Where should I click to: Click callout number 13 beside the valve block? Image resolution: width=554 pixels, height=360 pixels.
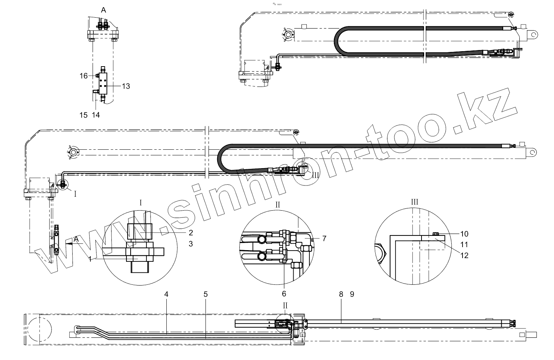[126, 86]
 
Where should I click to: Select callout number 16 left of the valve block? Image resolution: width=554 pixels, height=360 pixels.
[84, 76]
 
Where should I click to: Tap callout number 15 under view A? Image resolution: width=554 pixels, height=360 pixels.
[84, 115]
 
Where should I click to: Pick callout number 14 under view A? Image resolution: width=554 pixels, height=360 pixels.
[96, 115]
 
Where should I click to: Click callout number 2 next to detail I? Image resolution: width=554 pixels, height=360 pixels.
[191, 233]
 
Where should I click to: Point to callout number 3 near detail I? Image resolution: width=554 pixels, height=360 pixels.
[191, 244]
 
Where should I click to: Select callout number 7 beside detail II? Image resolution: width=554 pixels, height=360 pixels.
[324, 238]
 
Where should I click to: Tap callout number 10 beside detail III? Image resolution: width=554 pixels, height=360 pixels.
[464, 234]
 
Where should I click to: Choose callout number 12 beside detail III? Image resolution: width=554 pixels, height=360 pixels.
[464, 255]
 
